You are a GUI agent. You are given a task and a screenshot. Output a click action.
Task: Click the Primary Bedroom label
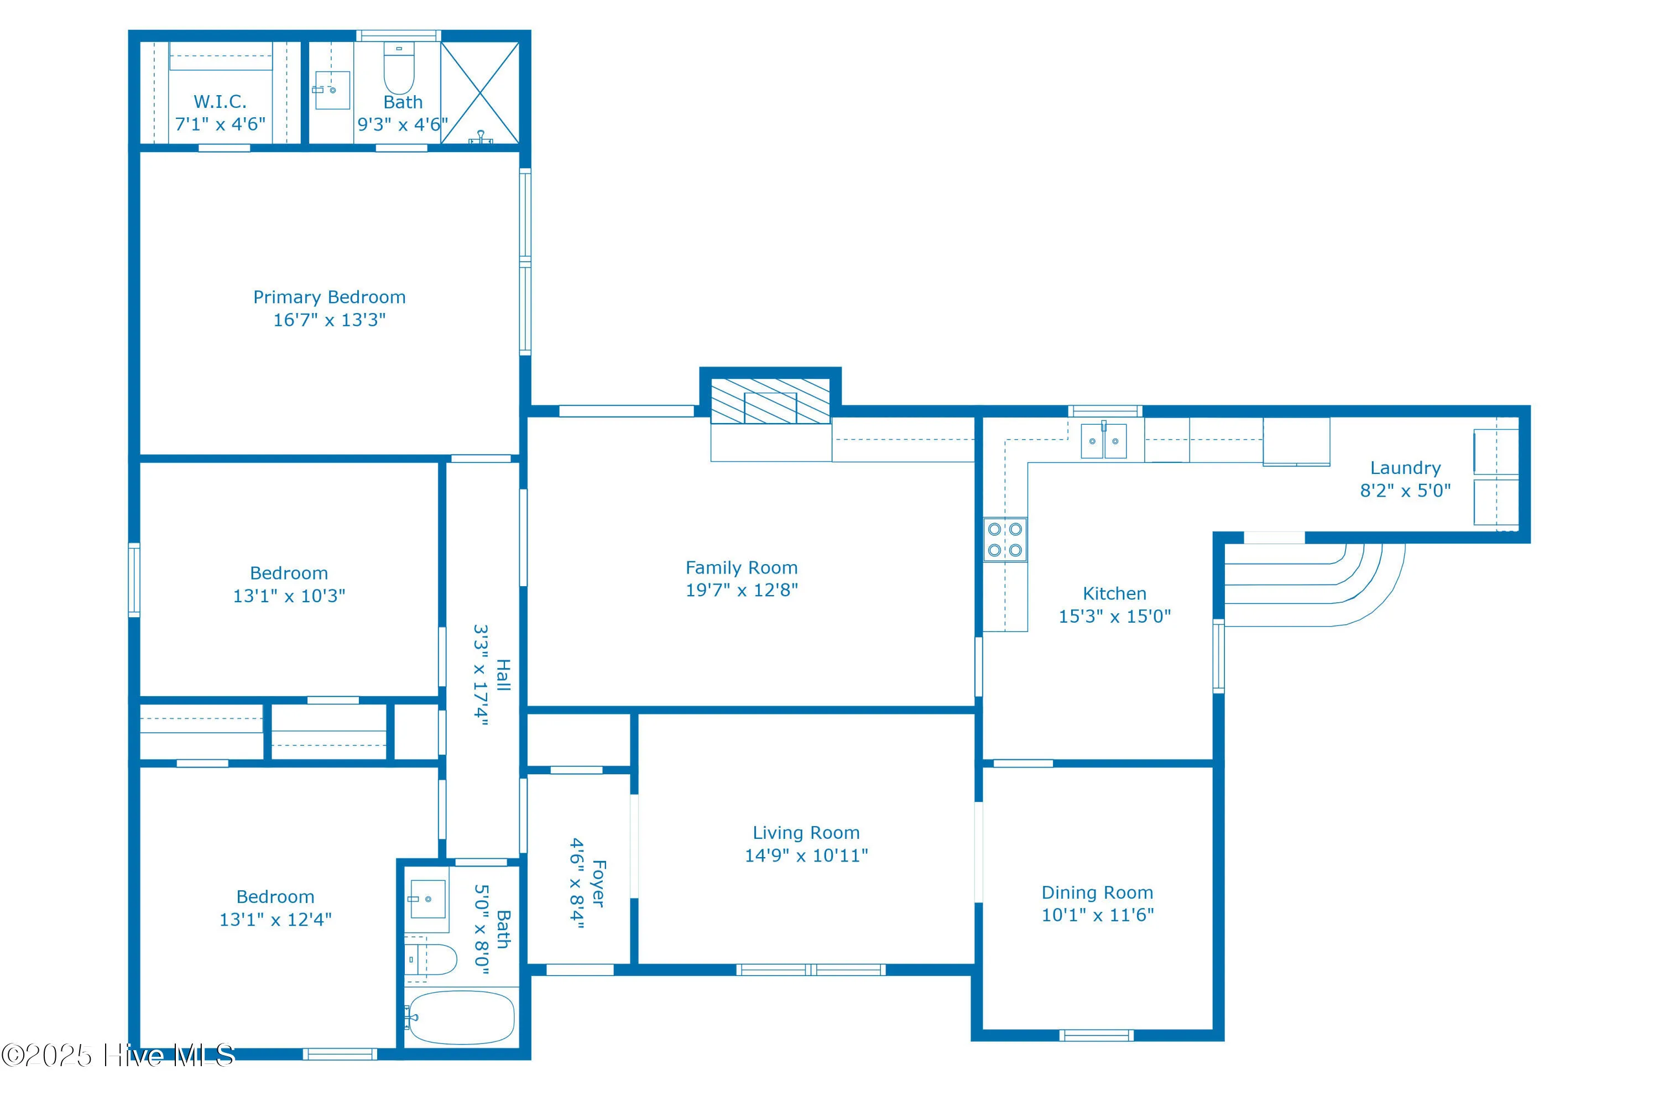coord(330,297)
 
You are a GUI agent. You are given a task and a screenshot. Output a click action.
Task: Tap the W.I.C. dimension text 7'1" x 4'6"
coord(220,124)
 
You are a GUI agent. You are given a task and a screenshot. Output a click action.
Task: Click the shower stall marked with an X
coord(479,92)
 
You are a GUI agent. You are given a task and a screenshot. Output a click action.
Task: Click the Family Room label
coord(742,568)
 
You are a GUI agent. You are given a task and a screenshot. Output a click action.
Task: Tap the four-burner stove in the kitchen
coord(1005,540)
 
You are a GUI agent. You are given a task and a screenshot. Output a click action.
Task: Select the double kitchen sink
coord(1104,441)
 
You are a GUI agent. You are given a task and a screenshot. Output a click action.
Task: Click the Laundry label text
coord(1405,468)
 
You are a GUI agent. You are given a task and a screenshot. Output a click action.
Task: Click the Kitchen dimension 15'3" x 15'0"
coord(1114,616)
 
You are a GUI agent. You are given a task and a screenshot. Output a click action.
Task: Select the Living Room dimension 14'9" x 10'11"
coord(806,855)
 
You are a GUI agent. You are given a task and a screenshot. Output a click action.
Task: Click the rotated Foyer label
coord(598,883)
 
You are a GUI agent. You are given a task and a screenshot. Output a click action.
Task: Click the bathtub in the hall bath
coord(460,1017)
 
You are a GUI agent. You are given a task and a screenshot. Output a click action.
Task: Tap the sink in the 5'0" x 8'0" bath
coord(427,899)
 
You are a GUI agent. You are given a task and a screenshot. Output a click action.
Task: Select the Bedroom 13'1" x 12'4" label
coord(275,896)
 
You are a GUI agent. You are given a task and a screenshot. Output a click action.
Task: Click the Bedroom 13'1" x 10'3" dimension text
coord(289,596)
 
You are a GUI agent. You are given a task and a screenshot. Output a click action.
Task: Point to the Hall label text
coord(503,675)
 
